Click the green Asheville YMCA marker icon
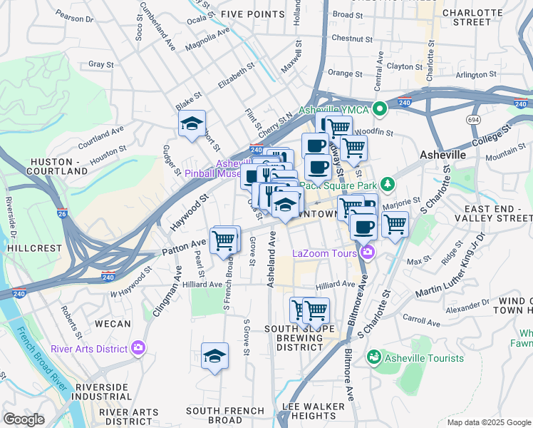[380, 109]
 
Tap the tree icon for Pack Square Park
[388, 185]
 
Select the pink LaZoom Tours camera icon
[368, 252]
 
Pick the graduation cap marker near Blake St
[192, 124]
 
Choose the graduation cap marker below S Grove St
[214, 357]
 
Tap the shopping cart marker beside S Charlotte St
[395, 225]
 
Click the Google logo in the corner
[24, 419]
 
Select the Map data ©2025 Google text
[488, 422]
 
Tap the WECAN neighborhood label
[113, 323]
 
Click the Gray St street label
[101, 64]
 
